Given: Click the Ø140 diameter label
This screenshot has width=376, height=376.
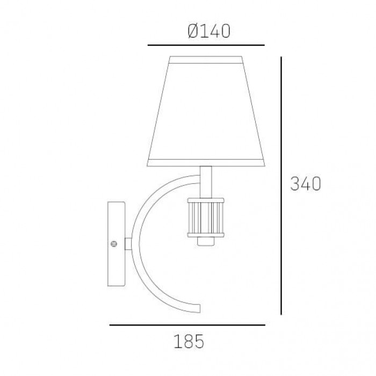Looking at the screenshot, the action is [209, 31].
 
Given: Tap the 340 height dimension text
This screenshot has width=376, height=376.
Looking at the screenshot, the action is [306, 184].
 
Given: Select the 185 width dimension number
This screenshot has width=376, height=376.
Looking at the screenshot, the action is [189, 341].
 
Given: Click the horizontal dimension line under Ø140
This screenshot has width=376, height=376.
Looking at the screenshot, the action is [206, 45].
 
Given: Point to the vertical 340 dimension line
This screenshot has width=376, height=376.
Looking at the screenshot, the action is [281, 186].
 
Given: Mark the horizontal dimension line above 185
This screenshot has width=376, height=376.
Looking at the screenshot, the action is [187, 325].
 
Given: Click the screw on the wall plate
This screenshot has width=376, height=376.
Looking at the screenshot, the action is [114, 244].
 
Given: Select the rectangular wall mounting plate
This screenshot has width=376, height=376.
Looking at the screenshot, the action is [117, 244].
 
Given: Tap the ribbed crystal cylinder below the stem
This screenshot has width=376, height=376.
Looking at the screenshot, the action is [206, 218].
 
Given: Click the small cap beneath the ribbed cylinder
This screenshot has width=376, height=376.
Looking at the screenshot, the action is [206, 241].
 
